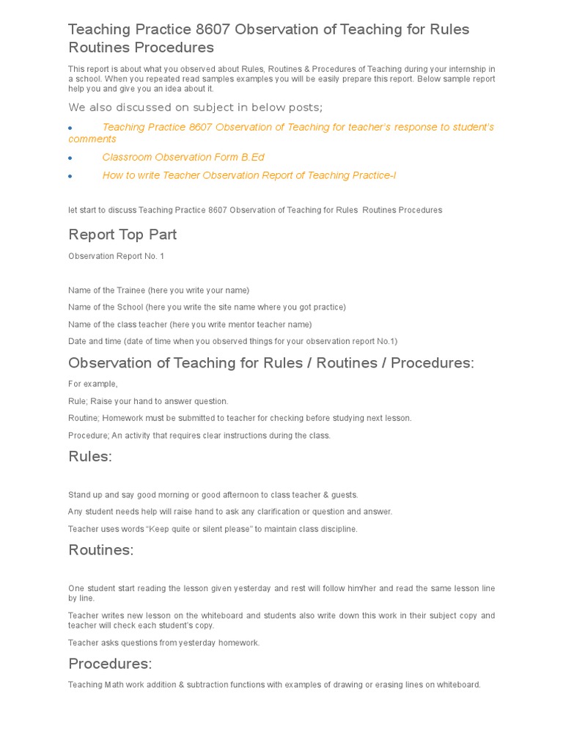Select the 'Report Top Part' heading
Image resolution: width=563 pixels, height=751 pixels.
[122, 234]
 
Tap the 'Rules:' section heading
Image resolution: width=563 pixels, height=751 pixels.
[90, 456]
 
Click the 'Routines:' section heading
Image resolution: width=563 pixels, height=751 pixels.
[101, 550]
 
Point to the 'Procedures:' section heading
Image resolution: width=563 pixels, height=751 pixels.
[110, 664]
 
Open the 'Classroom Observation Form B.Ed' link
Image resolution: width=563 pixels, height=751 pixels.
[183, 157]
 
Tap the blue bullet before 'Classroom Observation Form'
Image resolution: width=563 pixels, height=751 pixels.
[70, 158]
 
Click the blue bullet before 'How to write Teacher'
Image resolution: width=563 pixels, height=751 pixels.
[70, 176]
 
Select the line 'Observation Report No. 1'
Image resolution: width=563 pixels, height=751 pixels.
[117, 256]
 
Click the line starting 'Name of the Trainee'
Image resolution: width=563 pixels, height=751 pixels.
[158, 290]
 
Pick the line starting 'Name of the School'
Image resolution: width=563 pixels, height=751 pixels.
[207, 307]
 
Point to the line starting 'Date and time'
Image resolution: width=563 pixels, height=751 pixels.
[232, 341]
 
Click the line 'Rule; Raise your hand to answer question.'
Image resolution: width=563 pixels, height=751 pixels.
[148, 401]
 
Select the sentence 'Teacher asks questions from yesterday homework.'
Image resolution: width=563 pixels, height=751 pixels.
[163, 642]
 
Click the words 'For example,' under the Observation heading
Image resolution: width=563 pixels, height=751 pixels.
[92, 384]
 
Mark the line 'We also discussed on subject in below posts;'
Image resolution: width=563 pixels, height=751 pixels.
[195, 108]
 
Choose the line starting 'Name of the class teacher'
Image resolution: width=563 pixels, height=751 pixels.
[190, 324]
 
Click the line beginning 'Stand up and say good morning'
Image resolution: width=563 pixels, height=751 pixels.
[213, 494]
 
